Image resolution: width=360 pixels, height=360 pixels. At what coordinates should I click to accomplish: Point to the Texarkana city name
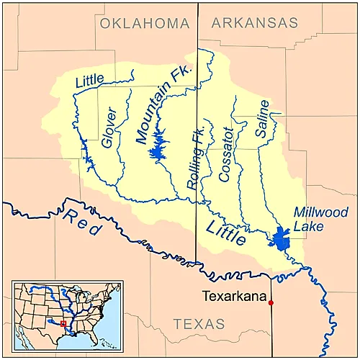point(233,296)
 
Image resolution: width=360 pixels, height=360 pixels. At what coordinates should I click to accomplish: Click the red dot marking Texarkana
point(271,302)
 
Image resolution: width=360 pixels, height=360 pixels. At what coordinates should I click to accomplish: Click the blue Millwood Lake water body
point(282,238)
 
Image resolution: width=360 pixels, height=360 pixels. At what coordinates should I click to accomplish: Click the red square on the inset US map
point(63,324)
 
